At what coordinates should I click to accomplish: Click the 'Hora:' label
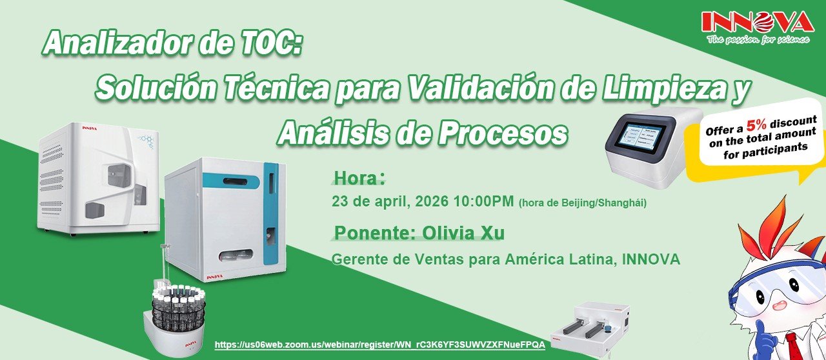[359, 179]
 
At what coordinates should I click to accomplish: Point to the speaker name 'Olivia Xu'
[463, 233]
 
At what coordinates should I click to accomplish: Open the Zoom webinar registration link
[380, 345]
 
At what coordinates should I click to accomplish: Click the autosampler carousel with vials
[174, 317]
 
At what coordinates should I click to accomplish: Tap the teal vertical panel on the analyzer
[272, 215]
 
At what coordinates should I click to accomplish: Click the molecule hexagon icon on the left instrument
[146, 141]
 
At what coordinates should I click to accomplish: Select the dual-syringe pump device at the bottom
[590, 327]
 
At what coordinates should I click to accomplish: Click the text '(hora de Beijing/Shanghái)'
[583, 203]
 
